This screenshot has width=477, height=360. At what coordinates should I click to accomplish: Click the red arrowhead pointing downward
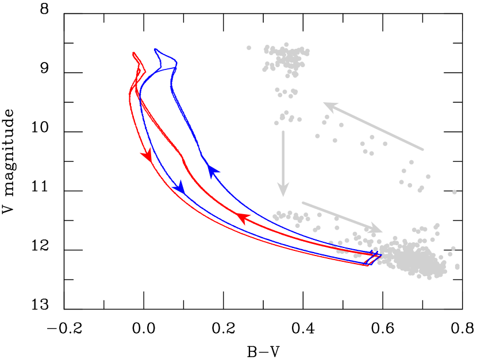(x=148, y=154)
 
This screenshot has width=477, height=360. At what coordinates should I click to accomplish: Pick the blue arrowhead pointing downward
(x=180, y=187)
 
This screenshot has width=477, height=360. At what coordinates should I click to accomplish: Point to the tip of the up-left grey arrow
(x=324, y=103)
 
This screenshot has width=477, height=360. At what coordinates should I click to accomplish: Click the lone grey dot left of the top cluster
(x=249, y=48)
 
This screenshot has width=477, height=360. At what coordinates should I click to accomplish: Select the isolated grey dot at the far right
(x=454, y=192)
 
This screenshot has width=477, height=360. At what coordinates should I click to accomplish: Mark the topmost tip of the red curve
(x=133, y=52)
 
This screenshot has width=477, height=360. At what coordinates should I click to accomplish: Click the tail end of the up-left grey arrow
(x=423, y=150)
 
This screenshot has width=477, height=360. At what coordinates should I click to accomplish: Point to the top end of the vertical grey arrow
(x=283, y=131)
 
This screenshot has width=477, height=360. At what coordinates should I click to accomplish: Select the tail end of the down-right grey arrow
(x=303, y=202)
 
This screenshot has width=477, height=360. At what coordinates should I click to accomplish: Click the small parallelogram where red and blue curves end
(x=372, y=260)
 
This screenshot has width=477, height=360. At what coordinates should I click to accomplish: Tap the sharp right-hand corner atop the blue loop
(x=176, y=63)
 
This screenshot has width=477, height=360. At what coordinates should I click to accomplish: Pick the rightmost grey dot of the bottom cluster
(x=457, y=266)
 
